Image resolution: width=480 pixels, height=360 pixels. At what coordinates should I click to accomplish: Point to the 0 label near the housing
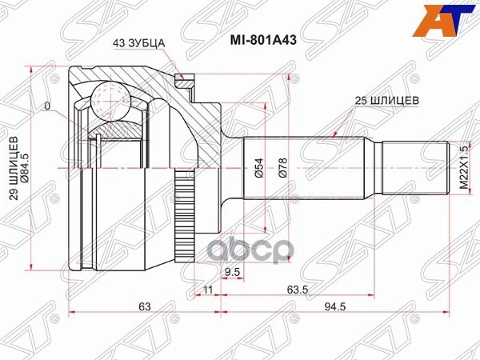click(x=48, y=106)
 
